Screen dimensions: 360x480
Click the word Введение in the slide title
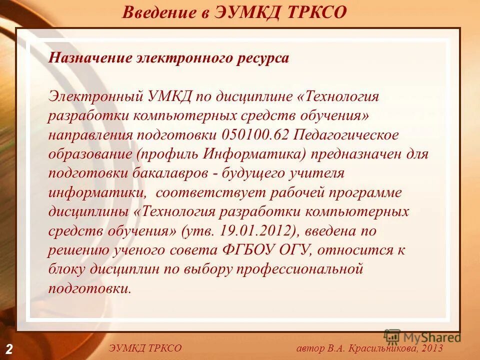(x=158, y=12)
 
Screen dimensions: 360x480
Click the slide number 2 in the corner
(x=9, y=348)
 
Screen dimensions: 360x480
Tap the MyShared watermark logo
(x=422, y=337)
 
